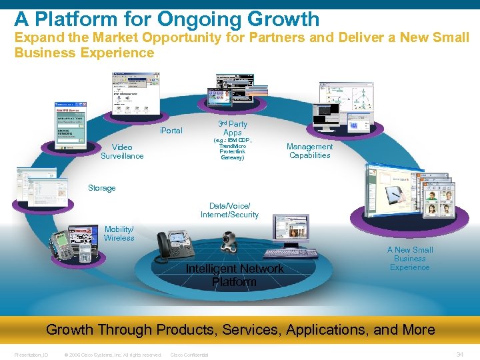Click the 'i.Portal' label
[x=171, y=131]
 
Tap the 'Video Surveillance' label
[x=122, y=151]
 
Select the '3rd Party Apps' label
[x=232, y=128]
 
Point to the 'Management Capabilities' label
[x=309, y=151]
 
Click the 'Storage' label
[x=101, y=188]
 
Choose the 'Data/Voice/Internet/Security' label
[x=229, y=211]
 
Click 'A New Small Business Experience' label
[x=409, y=259]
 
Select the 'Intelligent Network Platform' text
[x=235, y=275]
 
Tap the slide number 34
[x=459, y=354]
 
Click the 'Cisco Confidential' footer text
[x=189, y=355]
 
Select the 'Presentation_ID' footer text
[x=31, y=355]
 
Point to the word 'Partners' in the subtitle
[x=280, y=37]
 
